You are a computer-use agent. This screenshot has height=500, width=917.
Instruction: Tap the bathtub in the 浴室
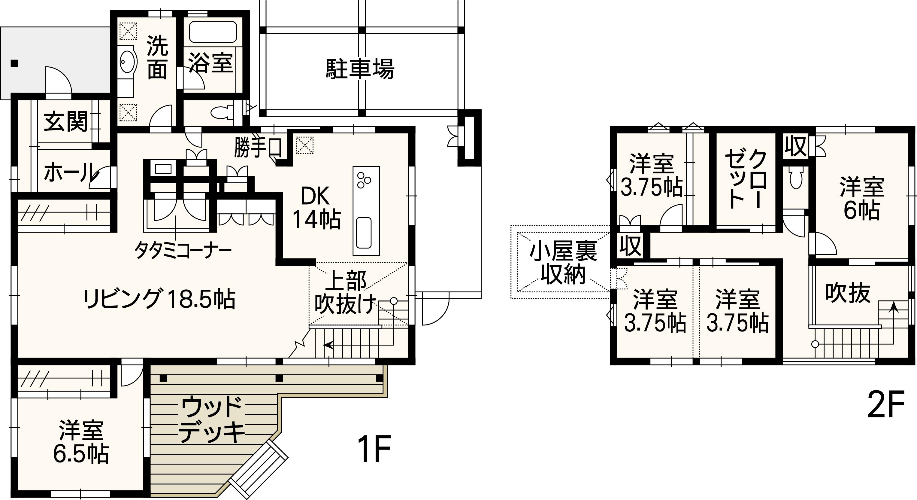click(x=213, y=32)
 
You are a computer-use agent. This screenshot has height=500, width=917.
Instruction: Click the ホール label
click(x=69, y=173)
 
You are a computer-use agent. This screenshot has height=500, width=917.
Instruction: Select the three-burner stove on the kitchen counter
click(x=364, y=180)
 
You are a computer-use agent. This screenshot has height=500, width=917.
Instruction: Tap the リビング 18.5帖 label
click(x=159, y=299)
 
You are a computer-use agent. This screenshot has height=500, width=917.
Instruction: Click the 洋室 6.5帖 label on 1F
click(x=81, y=442)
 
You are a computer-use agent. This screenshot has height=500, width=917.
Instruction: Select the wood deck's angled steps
click(x=259, y=468)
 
